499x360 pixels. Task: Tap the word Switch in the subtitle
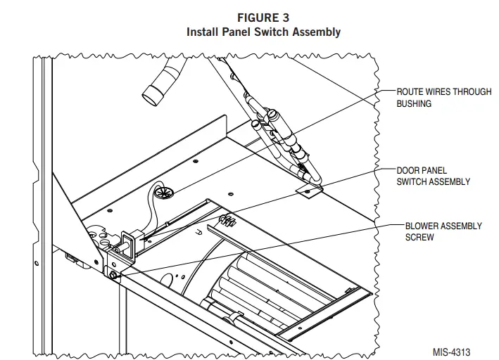[x=268, y=32]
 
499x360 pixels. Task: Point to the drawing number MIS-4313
[x=452, y=349]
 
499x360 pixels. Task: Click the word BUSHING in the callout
[x=414, y=103]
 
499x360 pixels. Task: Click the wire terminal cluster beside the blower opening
[x=227, y=221]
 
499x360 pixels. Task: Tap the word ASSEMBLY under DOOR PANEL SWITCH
[x=450, y=181]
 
